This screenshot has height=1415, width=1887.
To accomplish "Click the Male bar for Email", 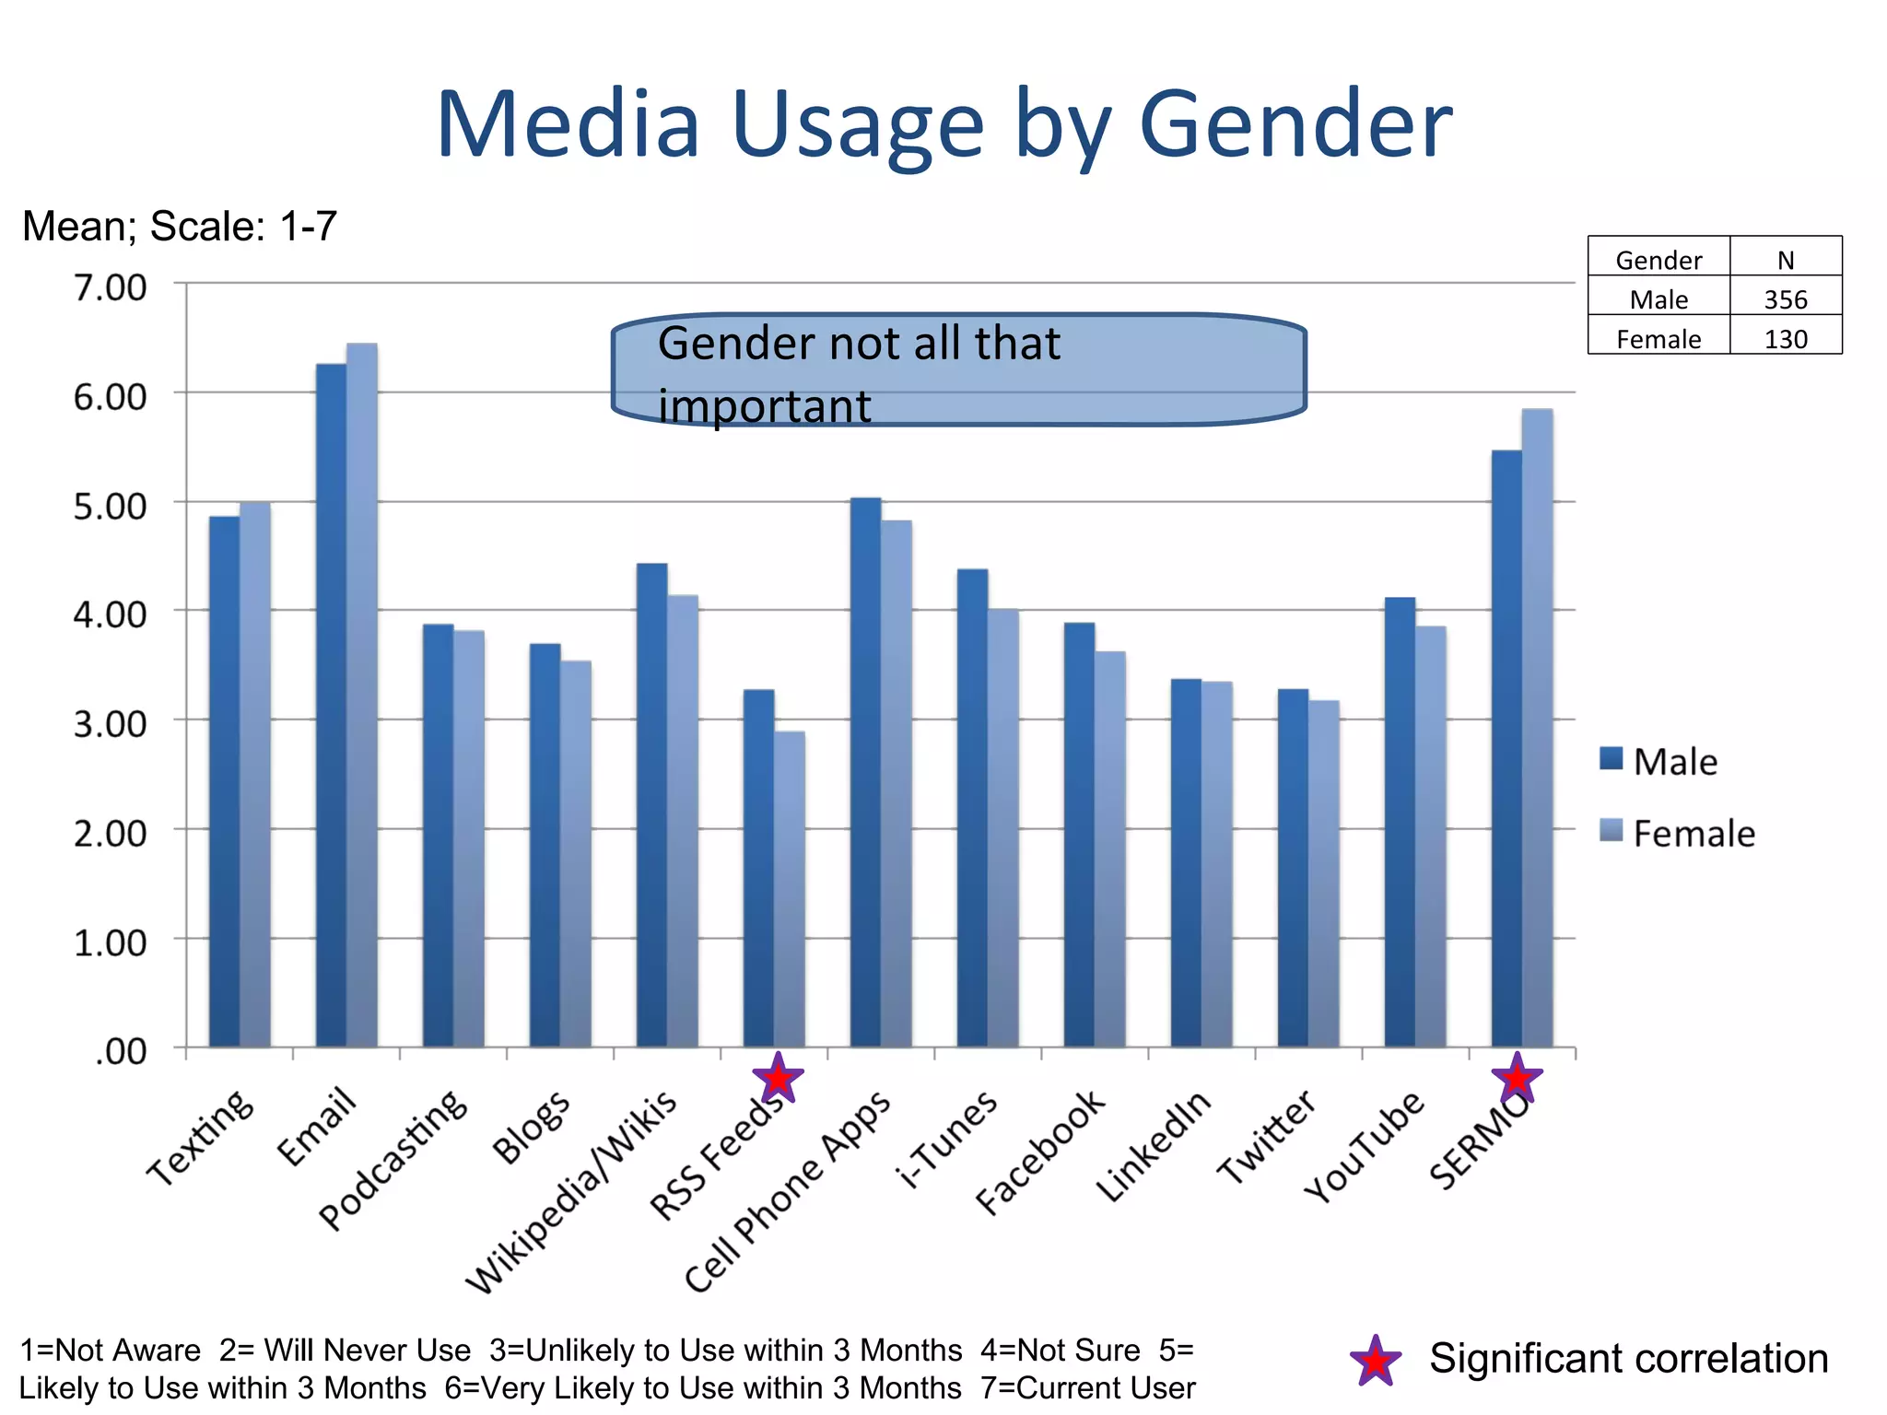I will click(331, 705).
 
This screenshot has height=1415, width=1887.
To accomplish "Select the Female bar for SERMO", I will click(1537, 728).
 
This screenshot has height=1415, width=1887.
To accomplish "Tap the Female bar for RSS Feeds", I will click(790, 889).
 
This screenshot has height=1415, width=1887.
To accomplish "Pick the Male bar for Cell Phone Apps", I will click(865, 772).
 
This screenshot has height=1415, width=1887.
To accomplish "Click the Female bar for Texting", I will click(255, 774).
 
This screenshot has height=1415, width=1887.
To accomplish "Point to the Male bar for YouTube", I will click(1400, 822).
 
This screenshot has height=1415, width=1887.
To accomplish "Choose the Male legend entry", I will click(1659, 761).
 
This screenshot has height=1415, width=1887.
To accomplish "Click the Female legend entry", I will click(1677, 833).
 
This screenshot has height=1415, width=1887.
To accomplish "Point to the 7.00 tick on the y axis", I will click(110, 287).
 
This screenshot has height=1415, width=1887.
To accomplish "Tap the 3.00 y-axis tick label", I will click(110, 724).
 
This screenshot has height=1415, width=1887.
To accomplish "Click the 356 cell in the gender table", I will click(1786, 299).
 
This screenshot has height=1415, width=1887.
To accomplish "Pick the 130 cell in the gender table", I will click(1786, 339).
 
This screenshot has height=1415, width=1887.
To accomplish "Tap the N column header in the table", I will click(1786, 260).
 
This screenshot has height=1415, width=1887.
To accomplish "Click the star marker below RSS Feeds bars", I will click(779, 1078).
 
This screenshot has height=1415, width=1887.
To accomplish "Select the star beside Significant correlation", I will click(1376, 1361).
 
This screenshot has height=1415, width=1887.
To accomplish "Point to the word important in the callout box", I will click(765, 406).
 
